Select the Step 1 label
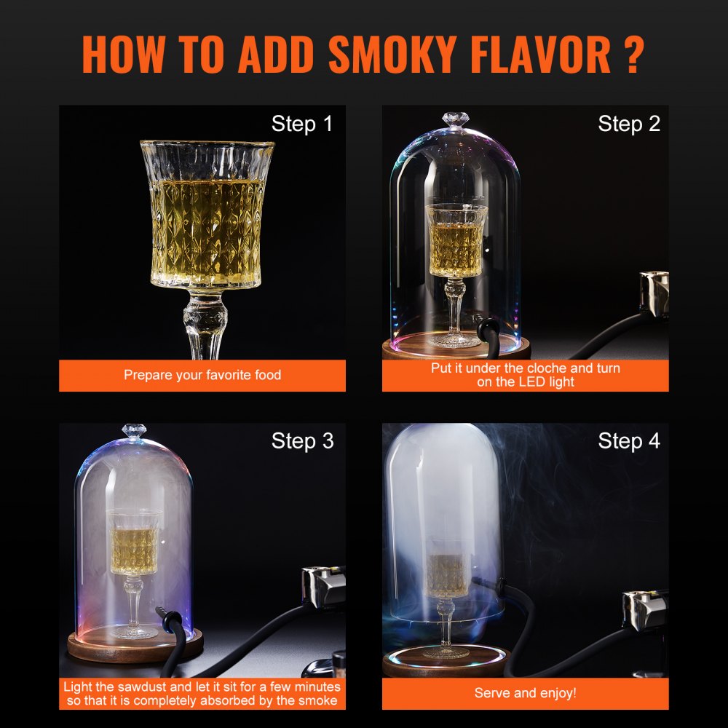301,124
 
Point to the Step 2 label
629,124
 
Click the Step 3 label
301,441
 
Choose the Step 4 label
629,441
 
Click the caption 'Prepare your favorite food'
202,376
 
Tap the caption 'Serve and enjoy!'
525,693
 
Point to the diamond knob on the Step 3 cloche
133,430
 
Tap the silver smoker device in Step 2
654,293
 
